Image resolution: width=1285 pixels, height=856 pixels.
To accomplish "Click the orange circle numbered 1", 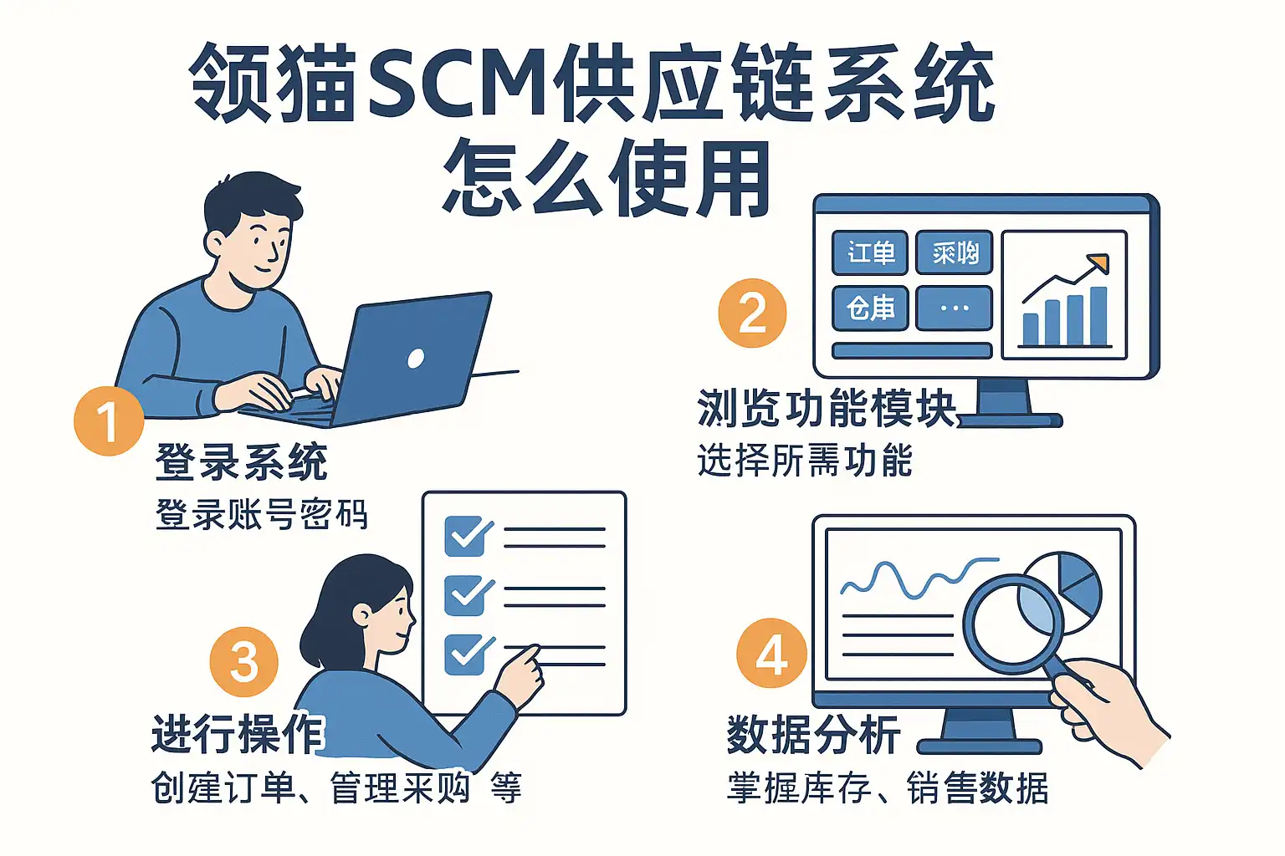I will [108, 420].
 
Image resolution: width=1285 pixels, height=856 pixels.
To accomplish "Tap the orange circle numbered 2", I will [752, 313].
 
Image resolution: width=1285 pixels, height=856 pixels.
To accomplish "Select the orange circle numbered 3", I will [243, 661].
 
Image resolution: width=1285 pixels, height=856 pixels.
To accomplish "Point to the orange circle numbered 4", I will [771, 653].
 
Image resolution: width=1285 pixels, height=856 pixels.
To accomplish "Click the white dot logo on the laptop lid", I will [416, 359].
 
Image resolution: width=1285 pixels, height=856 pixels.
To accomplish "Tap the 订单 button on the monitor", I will [870, 252].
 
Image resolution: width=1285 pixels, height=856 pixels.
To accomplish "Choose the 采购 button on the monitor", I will [955, 252].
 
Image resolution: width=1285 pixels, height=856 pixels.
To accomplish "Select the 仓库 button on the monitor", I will [870, 308].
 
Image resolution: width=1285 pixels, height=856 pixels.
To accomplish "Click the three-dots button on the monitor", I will [955, 308].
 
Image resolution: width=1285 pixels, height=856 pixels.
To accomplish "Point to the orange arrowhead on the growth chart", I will [1098, 262].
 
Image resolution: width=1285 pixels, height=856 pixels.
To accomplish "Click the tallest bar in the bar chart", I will [1098, 315].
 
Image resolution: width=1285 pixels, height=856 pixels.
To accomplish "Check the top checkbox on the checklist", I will [465, 536].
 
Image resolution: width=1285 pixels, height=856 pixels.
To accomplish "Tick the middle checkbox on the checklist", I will [465, 594].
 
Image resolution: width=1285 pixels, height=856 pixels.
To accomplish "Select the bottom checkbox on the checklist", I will [465, 654].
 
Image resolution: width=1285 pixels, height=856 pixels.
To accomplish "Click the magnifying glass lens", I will [1013, 622].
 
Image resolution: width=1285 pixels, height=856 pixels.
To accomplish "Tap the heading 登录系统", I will [241, 462].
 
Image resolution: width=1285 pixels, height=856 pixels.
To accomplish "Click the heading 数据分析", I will [813, 735].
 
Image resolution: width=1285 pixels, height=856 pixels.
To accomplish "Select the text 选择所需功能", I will [804, 461].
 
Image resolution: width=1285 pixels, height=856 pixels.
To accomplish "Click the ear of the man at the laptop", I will [215, 243].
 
